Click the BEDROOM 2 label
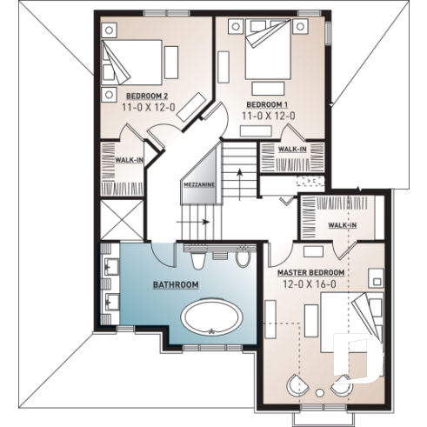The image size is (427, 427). [146, 95]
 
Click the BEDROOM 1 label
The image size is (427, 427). [267, 103]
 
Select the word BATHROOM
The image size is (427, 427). [176, 284]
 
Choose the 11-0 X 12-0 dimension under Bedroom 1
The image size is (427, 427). [267, 115]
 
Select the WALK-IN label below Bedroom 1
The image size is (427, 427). [291, 150]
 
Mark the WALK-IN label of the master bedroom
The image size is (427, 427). [341, 225]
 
